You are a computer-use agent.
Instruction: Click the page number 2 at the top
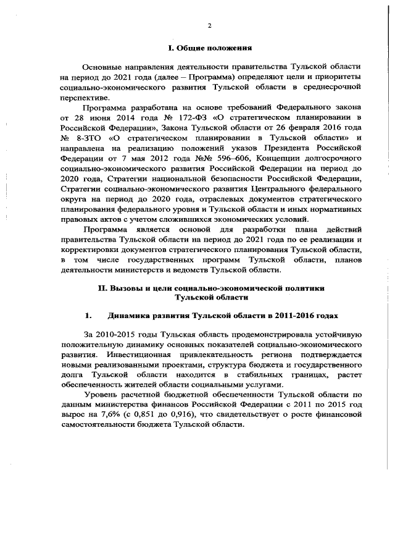coord(209,25)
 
